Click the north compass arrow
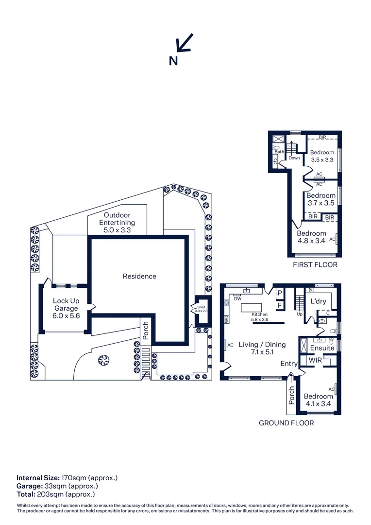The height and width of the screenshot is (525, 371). (185, 42)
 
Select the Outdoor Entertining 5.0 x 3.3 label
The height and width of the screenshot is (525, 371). (117, 223)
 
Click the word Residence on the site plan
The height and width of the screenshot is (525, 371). (139, 276)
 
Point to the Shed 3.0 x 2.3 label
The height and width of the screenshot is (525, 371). (201, 309)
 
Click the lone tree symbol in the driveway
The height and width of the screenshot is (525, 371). (102, 360)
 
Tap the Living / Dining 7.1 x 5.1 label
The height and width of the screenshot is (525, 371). (262, 349)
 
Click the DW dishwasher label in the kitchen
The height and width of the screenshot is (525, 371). (238, 299)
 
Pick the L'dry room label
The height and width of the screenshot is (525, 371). (318, 301)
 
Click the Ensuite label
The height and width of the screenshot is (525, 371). (322, 348)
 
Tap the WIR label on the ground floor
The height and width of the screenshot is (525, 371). (316, 361)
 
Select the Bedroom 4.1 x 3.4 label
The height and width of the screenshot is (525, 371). (318, 400)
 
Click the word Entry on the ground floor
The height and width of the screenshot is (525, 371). (289, 364)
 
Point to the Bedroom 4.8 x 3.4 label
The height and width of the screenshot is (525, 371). (311, 237)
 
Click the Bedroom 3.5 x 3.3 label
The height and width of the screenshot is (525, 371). (322, 156)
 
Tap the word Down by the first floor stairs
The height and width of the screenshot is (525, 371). (294, 158)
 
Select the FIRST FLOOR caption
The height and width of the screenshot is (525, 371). (315, 265)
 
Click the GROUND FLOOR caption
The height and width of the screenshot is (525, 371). (286, 423)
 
